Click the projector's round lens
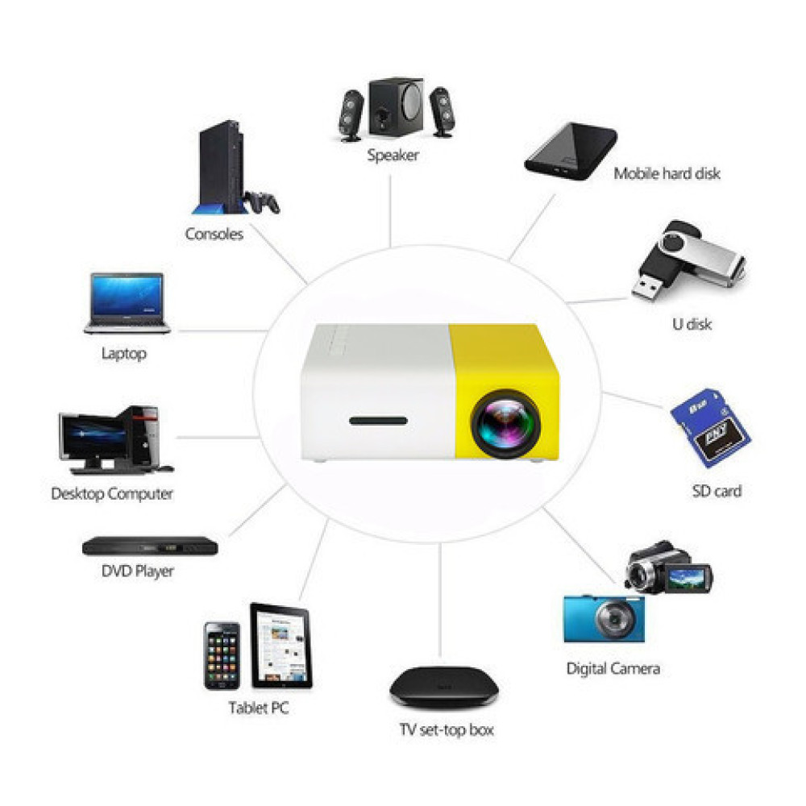505,422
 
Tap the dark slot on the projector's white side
379,421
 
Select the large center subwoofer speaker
396,110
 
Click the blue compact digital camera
604,617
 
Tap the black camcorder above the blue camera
667,569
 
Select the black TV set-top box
445,687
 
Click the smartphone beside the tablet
222,655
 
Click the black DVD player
150,546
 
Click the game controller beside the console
262,201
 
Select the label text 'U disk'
692,325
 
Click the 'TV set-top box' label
447,730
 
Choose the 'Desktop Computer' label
112,493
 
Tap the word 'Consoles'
214,234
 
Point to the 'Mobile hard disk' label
667,172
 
